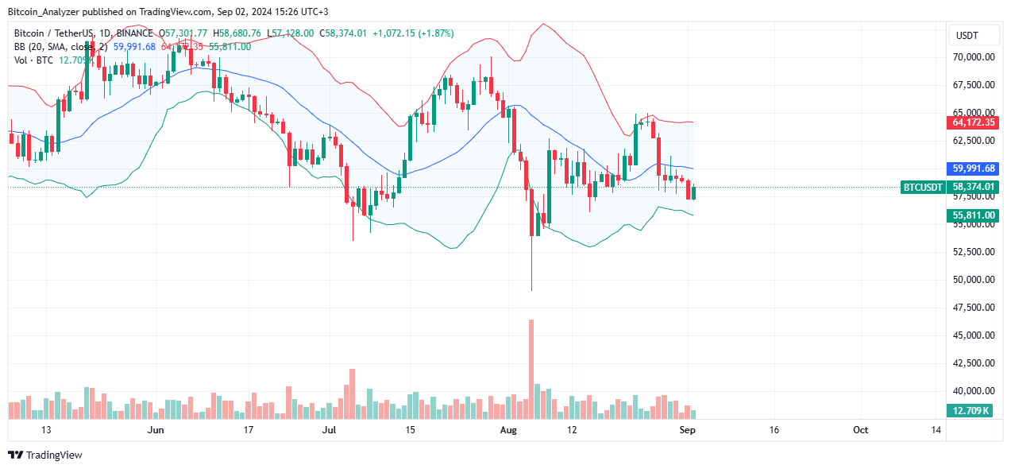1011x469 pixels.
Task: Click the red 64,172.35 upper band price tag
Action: pyautogui.click(x=974, y=122)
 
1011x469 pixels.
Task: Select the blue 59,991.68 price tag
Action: pyautogui.click(x=974, y=169)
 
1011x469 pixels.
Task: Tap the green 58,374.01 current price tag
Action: pyautogui.click(x=974, y=187)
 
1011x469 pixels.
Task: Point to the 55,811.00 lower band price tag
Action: pyautogui.click(x=974, y=215)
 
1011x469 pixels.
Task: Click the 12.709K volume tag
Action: pyautogui.click(x=974, y=410)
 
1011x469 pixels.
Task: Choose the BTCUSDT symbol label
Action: pyautogui.click(x=924, y=187)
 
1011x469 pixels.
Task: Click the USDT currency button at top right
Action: pyautogui.click(x=966, y=36)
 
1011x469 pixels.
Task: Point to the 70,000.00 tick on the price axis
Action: pyautogui.click(x=974, y=57)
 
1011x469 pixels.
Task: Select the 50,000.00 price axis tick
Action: pyautogui.click(x=974, y=280)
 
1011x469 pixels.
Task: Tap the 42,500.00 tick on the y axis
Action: pyautogui.click(x=974, y=363)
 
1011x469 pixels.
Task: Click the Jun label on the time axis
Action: pyautogui.click(x=156, y=430)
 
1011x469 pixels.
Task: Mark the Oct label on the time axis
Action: pyautogui.click(x=860, y=430)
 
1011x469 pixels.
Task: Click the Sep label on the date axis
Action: pyautogui.click(x=688, y=430)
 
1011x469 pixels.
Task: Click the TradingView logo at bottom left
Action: pyautogui.click(x=45, y=455)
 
